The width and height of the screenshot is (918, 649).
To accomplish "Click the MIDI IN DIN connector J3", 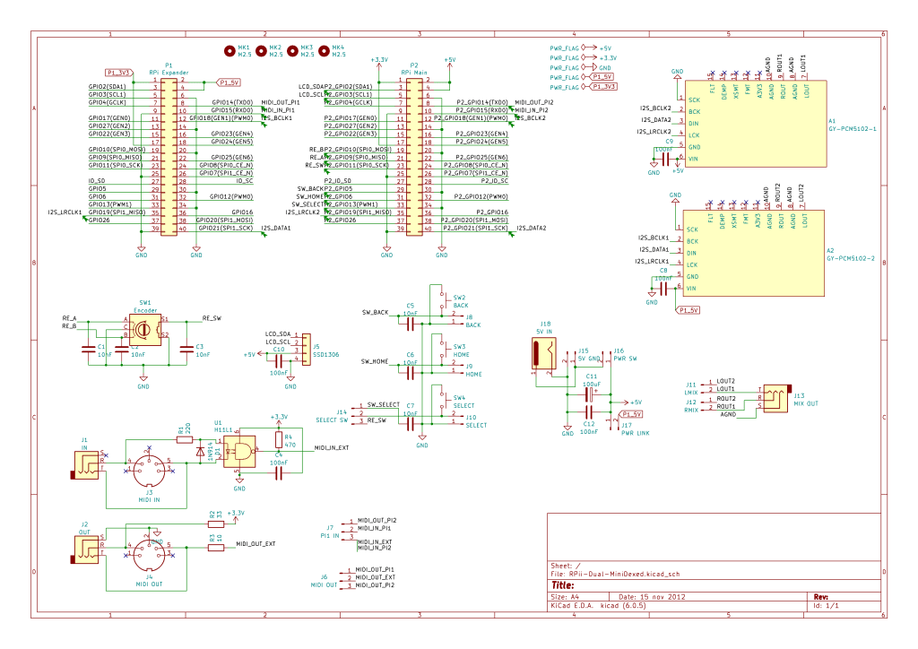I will tap(149, 467).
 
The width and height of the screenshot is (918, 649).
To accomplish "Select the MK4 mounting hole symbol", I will tap(324, 50).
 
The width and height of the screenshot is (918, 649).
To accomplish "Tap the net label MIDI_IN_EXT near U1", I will tap(331, 447).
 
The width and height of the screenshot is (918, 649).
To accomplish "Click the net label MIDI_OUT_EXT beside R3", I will tap(255, 544).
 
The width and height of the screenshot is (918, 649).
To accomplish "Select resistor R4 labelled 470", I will tap(279, 440).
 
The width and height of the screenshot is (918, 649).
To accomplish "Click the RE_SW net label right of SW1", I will tap(211, 318).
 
